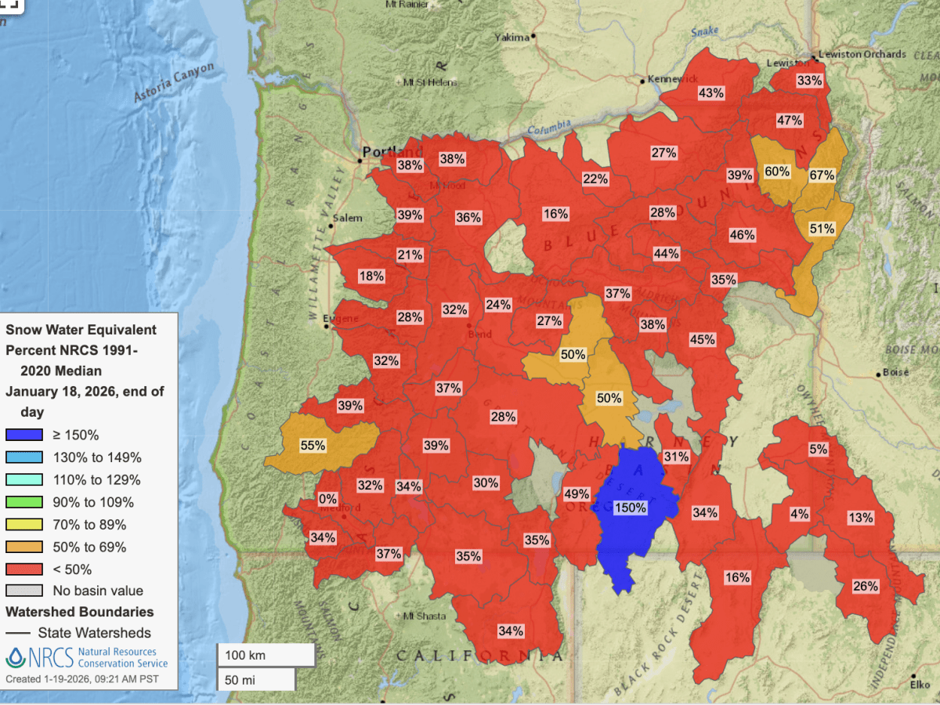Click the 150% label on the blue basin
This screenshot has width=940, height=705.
click(631, 508)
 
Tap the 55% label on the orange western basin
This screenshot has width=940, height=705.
click(313, 446)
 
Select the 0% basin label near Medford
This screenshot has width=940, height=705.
click(328, 499)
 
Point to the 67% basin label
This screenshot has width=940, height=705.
click(822, 175)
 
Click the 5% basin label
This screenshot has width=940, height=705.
click(818, 450)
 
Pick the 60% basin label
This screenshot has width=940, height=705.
click(777, 172)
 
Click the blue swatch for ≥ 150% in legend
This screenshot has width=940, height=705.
click(23, 435)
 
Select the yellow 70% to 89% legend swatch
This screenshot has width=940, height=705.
click(23, 525)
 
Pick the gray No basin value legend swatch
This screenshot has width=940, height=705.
click(23, 591)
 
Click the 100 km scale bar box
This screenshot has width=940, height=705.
click(266, 654)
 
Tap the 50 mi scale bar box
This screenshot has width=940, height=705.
click(255, 679)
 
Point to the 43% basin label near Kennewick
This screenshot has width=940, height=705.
click(710, 92)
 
